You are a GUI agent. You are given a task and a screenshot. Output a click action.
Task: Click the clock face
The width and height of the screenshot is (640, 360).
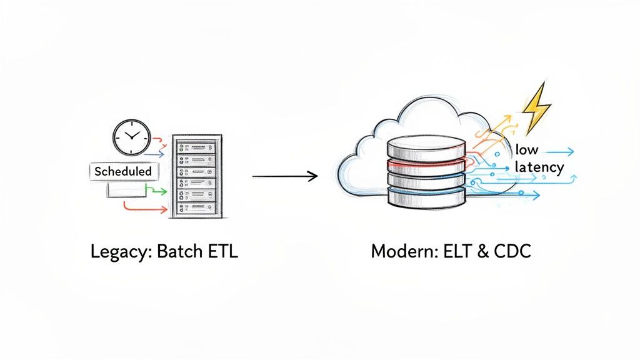[131, 137]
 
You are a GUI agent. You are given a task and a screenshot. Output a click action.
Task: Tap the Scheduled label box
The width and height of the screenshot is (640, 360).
[123, 171]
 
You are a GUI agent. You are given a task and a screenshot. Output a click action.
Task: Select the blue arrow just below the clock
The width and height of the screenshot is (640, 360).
[157, 152]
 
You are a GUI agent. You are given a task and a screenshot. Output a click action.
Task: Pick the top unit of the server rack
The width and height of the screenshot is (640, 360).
[196, 147]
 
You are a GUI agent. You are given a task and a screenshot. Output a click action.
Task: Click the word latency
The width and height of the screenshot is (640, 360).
[539, 167]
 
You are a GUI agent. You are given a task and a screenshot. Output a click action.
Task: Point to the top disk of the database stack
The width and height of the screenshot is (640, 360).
[426, 149]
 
